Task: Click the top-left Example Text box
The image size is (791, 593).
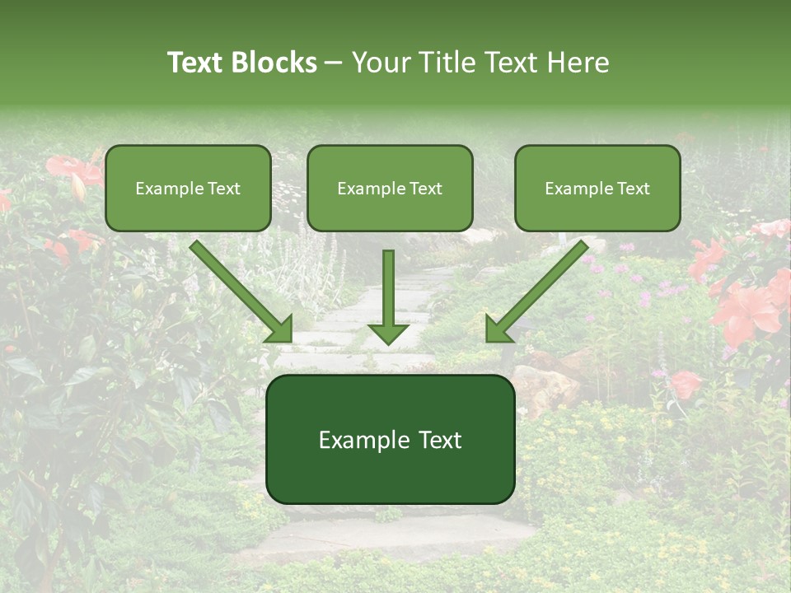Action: click(x=188, y=189)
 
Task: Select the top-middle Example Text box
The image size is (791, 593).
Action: click(x=390, y=189)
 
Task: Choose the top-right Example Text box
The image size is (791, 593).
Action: click(x=597, y=189)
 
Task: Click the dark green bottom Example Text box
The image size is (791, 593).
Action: click(x=390, y=440)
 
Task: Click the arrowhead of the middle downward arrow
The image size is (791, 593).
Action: click(x=389, y=334)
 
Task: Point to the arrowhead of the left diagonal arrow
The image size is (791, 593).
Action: click(x=280, y=329)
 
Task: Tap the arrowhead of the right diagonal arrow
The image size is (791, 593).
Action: click(x=498, y=329)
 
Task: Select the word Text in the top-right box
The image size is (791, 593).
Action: click(x=633, y=189)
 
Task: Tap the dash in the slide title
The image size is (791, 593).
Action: click(x=334, y=63)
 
